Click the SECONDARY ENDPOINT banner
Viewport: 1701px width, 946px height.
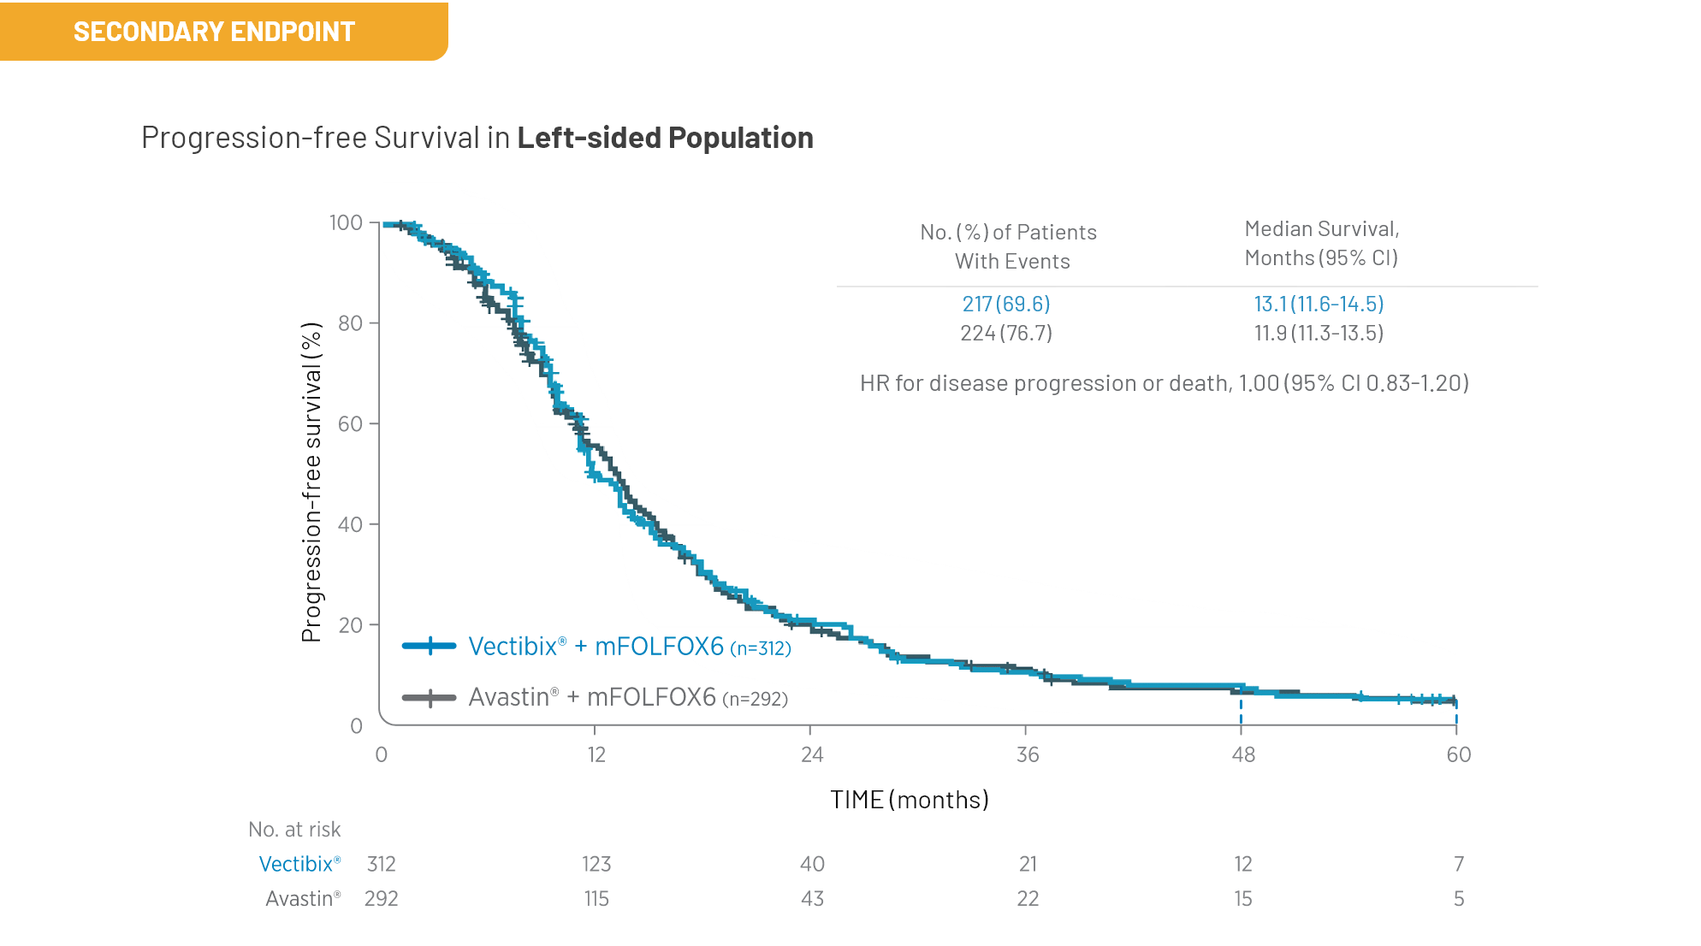point(214,32)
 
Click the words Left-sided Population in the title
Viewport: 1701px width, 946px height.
point(665,138)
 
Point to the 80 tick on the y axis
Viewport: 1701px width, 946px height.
point(350,323)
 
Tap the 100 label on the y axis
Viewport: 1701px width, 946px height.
point(347,223)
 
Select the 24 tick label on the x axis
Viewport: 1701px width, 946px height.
point(811,754)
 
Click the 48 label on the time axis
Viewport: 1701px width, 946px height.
point(1242,754)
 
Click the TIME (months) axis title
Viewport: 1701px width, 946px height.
point(909,800)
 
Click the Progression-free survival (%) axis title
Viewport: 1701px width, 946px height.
point(311,482)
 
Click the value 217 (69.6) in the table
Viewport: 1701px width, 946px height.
point(1005,304)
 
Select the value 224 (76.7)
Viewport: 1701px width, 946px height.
point(1005,333)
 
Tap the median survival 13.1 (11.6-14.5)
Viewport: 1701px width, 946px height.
point(1319,304)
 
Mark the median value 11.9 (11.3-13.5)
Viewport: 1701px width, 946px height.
point(1319,333)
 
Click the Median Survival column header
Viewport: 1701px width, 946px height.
point(1321,243)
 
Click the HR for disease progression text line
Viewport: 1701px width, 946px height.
point(1164,383)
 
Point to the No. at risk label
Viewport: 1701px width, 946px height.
point(294,830)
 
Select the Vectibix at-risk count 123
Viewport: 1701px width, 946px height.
point(596,864)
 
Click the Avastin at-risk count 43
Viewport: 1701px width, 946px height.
point(811,899)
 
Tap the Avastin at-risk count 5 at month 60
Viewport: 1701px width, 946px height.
point(1458,899)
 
